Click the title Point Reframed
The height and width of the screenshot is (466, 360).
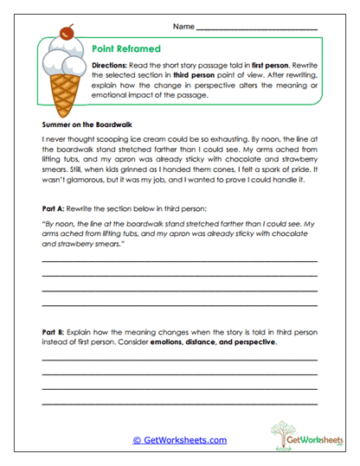tap(124, 50)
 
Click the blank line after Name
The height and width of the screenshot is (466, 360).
tap(256, 29)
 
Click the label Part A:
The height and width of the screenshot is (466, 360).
tap(55, 210)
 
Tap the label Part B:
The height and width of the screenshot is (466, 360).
tap(55, 333)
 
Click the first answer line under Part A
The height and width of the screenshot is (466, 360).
tap(179, 260)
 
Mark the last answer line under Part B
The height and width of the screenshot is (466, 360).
tap(179, 404)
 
